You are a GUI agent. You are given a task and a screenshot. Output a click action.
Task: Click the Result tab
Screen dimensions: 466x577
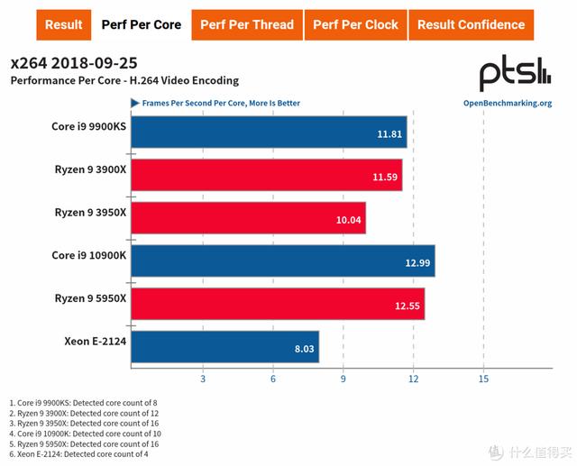[x=63, y=24]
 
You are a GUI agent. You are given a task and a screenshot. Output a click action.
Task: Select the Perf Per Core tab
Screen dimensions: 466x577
[x=142, y=24]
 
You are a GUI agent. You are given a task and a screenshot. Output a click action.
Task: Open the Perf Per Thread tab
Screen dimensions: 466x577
[x=248, y=24]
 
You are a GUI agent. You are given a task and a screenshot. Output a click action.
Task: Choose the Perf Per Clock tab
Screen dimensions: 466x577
[x=355, y=24]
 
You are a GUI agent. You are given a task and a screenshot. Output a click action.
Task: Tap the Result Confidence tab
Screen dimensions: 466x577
[x=470, y=24]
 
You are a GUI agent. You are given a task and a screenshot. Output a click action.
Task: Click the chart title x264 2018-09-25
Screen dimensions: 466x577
[x=75, y=63]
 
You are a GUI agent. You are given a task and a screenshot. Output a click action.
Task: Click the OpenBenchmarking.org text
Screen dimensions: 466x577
[x=507, y=103]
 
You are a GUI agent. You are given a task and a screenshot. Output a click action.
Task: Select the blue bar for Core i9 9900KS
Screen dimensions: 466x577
[x=269, y=132]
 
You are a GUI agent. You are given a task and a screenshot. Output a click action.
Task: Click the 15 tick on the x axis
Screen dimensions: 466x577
[x=484, y=379]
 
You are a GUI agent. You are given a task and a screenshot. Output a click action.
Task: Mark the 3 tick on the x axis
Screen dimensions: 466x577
[x=203, y=379]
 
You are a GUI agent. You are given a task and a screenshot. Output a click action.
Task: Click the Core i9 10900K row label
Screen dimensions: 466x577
[x=87, y=255]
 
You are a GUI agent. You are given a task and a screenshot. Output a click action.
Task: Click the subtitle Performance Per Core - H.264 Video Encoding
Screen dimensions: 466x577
[x=124, y=81]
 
